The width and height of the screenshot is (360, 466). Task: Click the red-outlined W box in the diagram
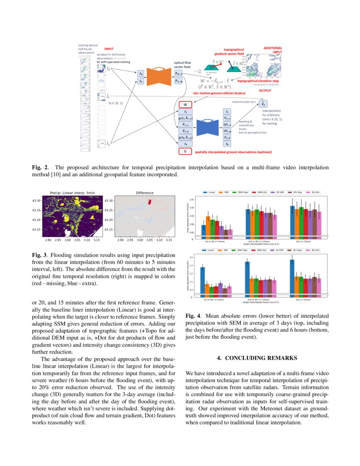pyautogui.click(x=185, y=104)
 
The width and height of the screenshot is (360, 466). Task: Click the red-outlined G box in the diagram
pyautogui.click(x=185, y=151)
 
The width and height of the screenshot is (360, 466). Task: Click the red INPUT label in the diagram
pyautogui.click(x=109, y=49)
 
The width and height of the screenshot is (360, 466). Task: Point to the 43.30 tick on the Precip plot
pyautogui.click(x=36, y=200)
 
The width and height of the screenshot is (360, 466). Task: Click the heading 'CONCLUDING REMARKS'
pyautogui.click(x=257, y=358)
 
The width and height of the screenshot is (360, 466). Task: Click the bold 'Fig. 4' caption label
pyautogui.click(x=194, y=316)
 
